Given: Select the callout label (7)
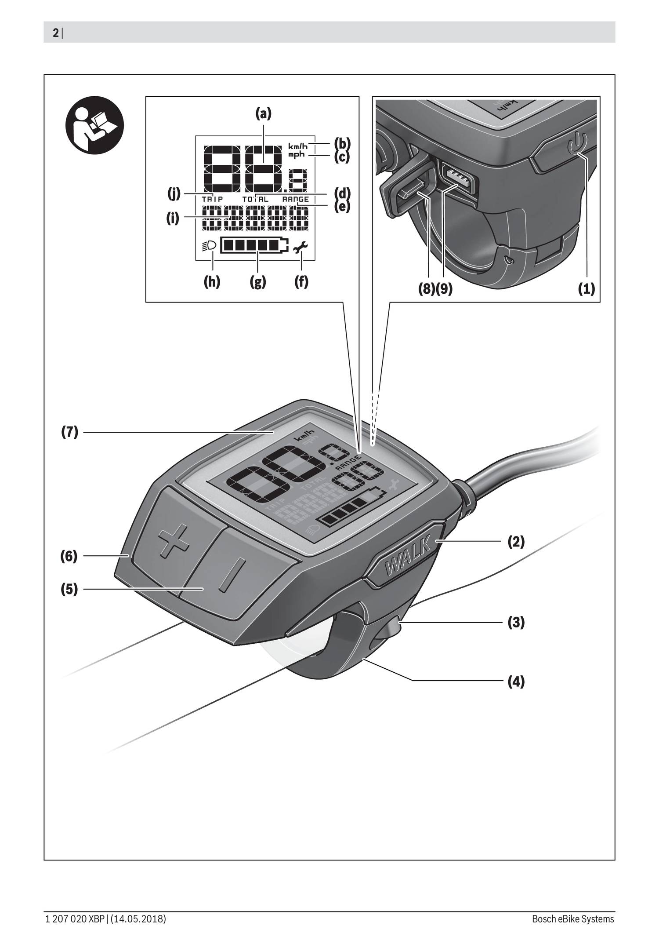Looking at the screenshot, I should point(69,433).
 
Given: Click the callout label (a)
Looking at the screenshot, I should point(264,114).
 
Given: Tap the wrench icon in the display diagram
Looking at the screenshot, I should point(301,248).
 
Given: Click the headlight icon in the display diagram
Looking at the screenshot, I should point(210,245).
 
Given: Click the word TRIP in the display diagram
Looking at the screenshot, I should point(213,199).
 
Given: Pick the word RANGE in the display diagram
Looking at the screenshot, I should point(295,199).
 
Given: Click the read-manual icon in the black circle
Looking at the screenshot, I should point(94,124).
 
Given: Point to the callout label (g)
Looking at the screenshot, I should point(258,281).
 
